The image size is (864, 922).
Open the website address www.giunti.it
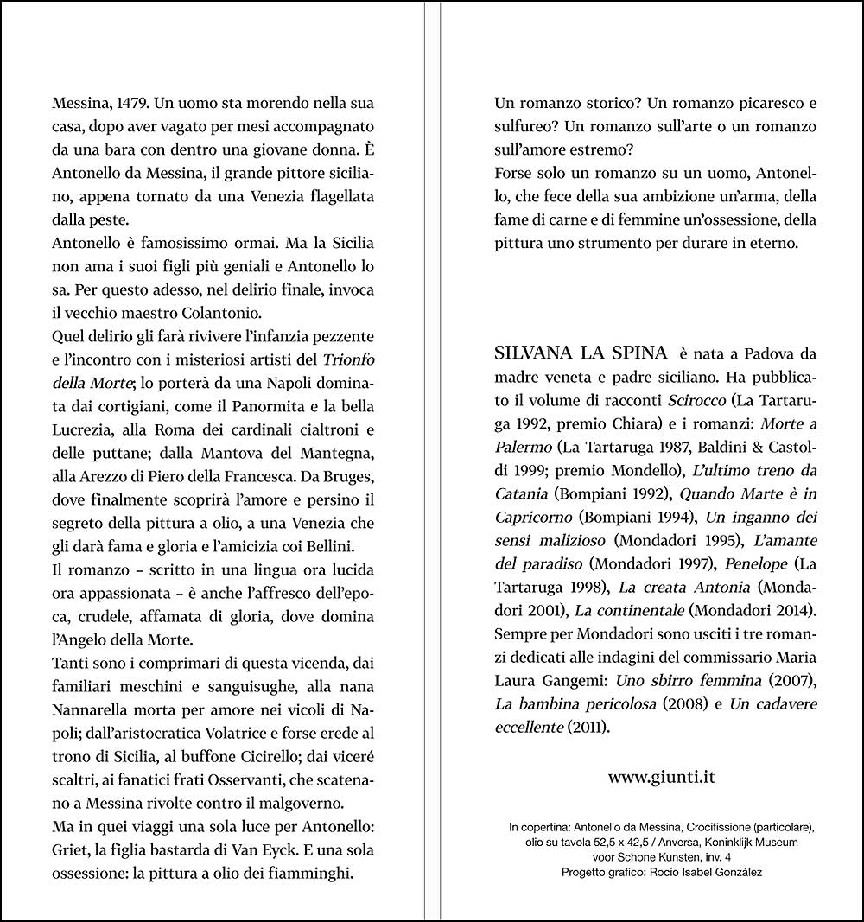pos(661,776)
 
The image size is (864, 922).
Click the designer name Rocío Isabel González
pos(714,871)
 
